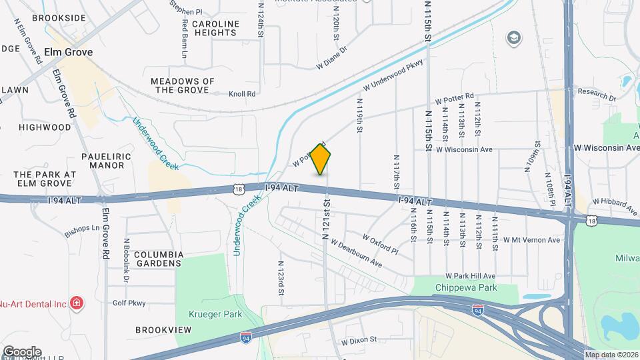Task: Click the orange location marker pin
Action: [321, 159]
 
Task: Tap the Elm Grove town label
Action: [68, 52]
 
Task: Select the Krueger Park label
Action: [214, 314]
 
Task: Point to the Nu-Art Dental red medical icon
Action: [77, 304]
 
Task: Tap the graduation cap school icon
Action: [513, 37]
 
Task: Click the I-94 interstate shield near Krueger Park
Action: [246, 338]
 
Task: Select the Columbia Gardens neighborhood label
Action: [159, 259]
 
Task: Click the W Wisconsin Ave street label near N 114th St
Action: [464, 149]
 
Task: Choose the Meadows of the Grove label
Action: [183, 85]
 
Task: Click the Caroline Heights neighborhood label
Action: [215, 29]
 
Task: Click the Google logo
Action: [22, 351]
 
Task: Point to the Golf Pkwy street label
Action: [129, 303]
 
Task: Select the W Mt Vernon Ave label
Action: [532, 239]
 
